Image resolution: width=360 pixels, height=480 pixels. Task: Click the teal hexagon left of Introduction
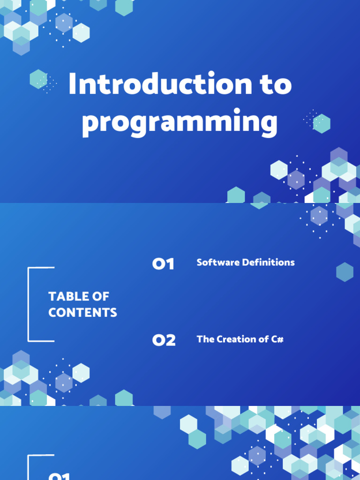38,79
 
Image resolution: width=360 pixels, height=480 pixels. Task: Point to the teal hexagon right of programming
322,124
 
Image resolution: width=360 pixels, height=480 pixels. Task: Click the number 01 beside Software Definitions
163,264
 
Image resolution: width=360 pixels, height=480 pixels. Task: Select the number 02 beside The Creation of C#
164,340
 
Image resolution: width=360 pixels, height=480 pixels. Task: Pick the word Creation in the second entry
236,339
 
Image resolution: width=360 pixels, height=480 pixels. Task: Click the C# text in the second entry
277,339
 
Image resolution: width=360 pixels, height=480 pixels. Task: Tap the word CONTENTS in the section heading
82,313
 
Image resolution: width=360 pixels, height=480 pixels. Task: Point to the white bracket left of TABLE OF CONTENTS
30,304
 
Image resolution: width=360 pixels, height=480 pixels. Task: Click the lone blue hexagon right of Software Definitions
345,272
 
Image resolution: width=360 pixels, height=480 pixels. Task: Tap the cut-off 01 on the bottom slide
59,476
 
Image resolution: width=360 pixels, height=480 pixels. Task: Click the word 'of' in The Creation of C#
262,339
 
